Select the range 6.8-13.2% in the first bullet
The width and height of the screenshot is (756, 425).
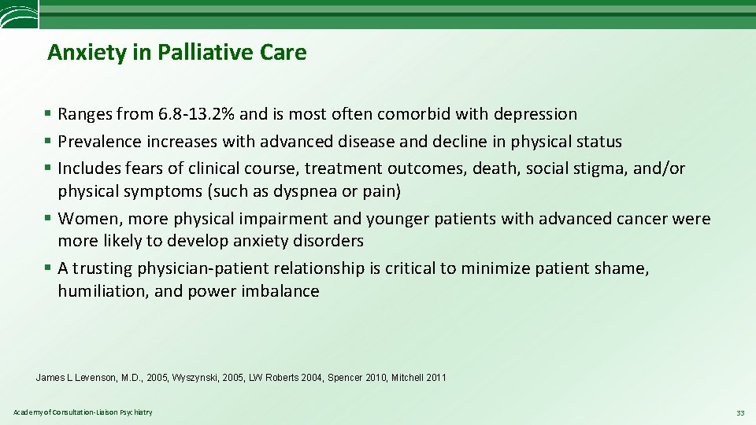coord(196,114)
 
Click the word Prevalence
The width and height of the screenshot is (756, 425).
coord(99,142)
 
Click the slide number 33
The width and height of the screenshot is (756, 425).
coord(739,412)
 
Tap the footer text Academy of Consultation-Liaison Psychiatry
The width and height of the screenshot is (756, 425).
coord(83,412)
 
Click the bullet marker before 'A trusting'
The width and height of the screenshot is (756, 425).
coord(50,268)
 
